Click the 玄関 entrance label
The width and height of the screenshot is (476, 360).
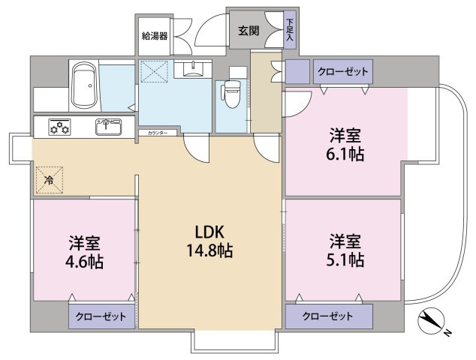coord(249,31)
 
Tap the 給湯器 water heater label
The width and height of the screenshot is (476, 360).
coord(155,37)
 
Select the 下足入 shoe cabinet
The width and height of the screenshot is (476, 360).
coord(290,30)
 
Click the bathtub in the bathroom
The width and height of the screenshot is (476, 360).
coord(86,85)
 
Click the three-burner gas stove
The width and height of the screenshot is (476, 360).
coord(60,127)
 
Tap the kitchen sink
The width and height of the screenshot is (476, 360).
coord(109,127)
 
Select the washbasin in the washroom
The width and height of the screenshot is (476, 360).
coord(193,69)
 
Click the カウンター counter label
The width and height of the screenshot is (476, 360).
coord(158,133)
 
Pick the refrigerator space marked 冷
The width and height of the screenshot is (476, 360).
coord(50,180)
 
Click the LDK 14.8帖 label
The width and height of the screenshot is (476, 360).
coord(209,241)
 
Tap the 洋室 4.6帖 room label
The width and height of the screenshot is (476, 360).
coord(84,252)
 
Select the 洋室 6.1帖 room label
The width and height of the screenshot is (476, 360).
coord(345,145)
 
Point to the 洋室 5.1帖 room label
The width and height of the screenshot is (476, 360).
coord(345,250)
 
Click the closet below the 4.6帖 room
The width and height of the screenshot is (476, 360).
coord(101,316)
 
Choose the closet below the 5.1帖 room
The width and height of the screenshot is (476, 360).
coord(329,316)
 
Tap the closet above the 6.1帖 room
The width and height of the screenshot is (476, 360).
coord(342,72)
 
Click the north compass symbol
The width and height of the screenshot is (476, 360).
coord(432,322)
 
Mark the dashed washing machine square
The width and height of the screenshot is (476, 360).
coord(155,71)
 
